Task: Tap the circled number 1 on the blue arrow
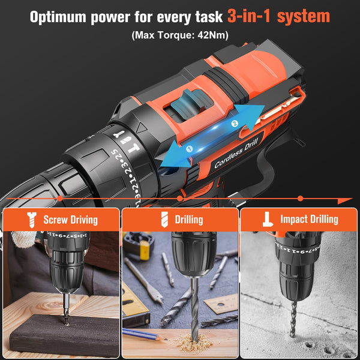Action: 189,148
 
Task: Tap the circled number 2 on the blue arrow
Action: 235,124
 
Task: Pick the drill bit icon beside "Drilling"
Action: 164,220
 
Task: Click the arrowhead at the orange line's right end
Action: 347,200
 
